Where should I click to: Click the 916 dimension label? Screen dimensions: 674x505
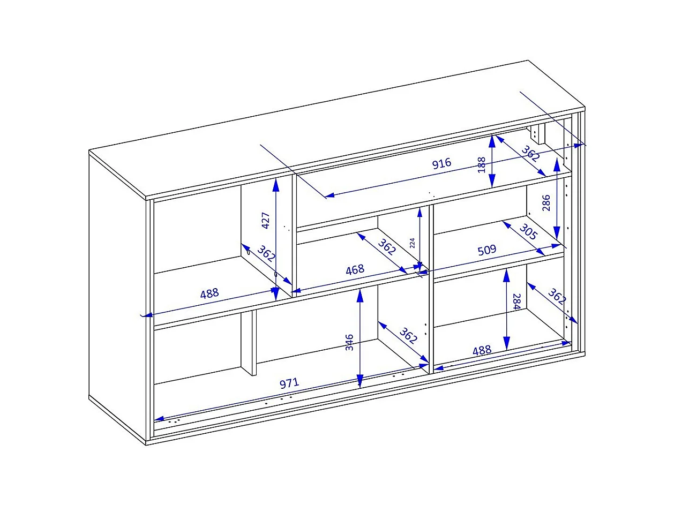pyautogui.click(x=441, y=163)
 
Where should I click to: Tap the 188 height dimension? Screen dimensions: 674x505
pyautogui.click(x=482, y=165)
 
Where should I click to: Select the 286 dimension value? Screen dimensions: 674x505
pyautogui.click(x=546, y=203)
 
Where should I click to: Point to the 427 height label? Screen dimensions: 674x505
pyautogui.click(x=266, y=220)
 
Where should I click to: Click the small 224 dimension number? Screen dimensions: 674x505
pyautogui.click(x=413, y=243)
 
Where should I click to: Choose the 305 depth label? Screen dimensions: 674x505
pyautogui.click(x=528, y=232)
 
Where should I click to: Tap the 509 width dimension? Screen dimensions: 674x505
pyautogui.click(x=487, y=250)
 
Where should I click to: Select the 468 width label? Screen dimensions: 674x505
pyautogui.click(x=355, y=270)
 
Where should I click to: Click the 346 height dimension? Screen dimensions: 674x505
pyautogui.click(x=349, y=342)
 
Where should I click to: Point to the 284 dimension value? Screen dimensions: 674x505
pyautogui.click(x=517, y=302)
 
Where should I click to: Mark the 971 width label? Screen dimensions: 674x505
pyautogui.click(x=289, y=383)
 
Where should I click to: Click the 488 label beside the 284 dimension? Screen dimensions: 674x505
pyautogui.click(x=482, y=350)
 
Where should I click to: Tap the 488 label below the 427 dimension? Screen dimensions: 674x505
pyautogui.click(x=209, y=293)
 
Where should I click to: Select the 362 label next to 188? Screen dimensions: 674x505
pyautogui.click(x=530, y=154)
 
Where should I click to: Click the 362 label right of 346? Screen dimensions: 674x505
pyautogui.click(x=408, y=336)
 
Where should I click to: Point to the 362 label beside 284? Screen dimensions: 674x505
pyautogui.click(x=557, y=297)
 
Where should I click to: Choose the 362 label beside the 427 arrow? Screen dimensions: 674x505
pyautogui.click(x=266, y=253)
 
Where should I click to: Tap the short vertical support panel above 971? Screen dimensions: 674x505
pyautogui.click(x=249, y=343)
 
